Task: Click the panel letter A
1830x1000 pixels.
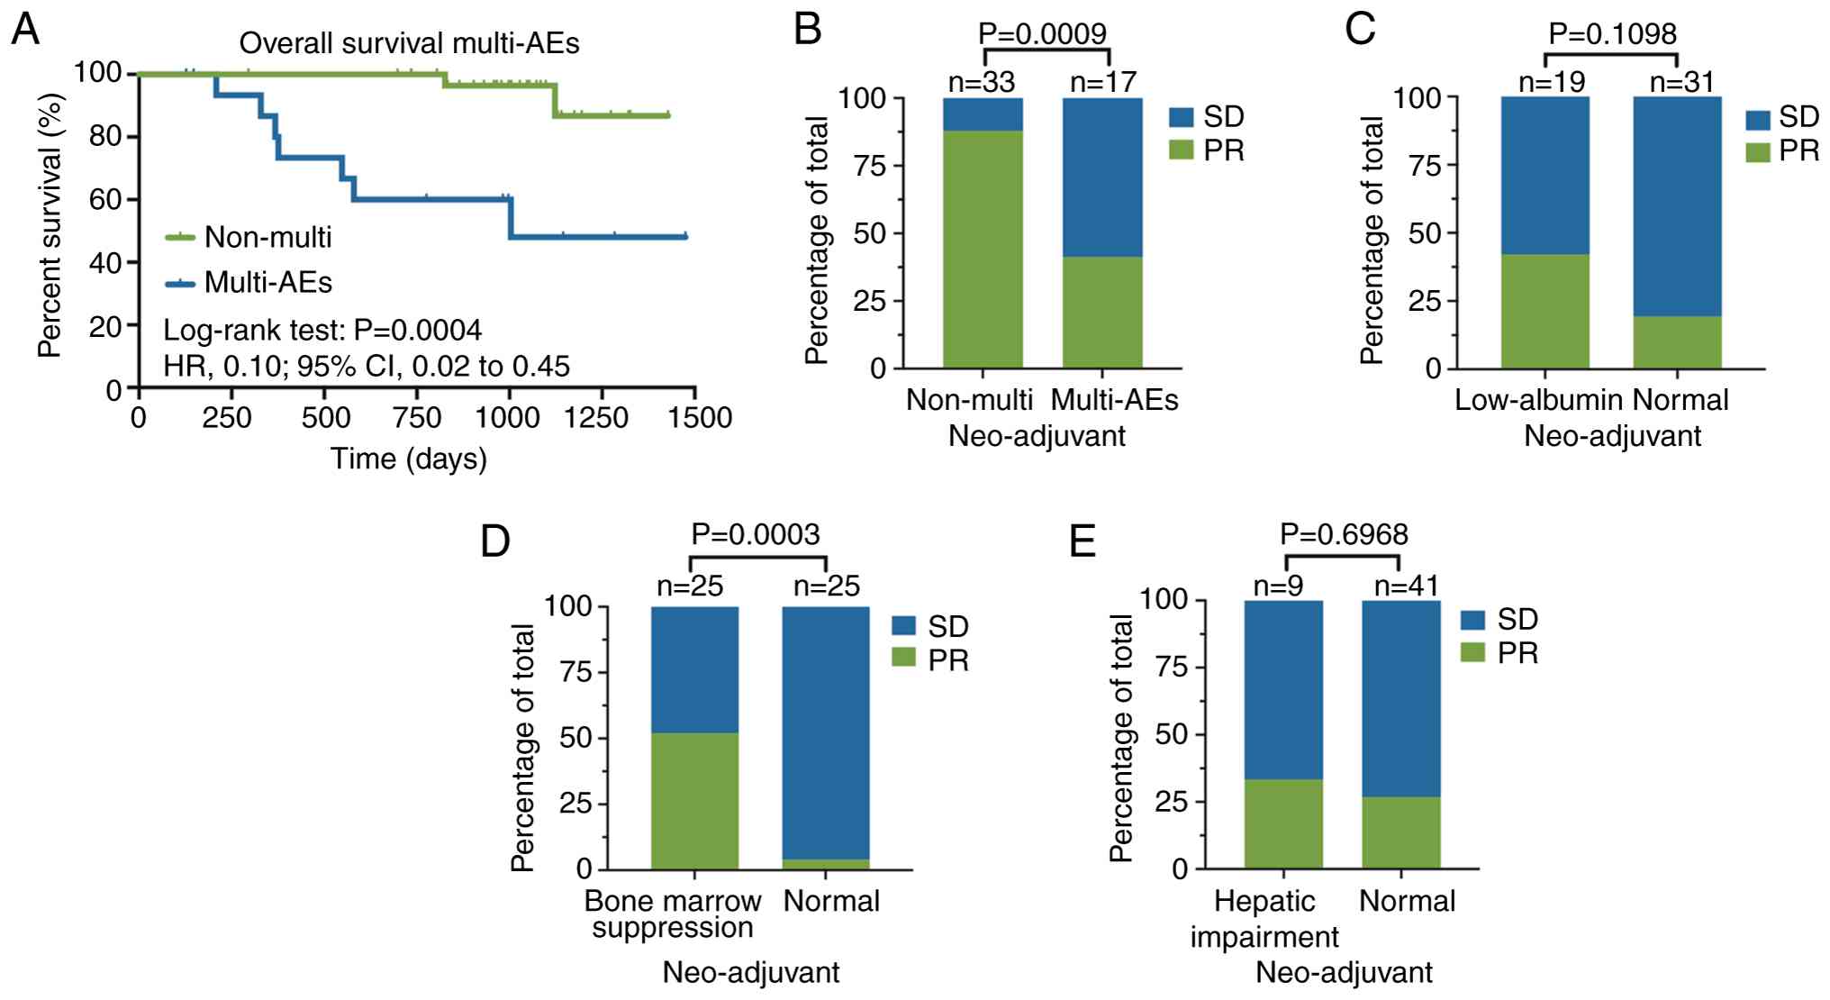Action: pyautogui.click(x=25, y=30)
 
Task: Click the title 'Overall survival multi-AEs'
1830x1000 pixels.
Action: pyautogui.click(x=409, y=43)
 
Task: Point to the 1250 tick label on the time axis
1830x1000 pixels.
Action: pyautogui.click(x=601, y=418)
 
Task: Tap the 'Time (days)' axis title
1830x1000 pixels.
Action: pyautogui.click(x=409, y=459)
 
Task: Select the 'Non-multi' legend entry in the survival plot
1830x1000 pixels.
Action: pyautogui.click(x=267, y=237)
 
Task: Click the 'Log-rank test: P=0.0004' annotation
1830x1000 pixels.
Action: pyautogui.click(x=322, y=331)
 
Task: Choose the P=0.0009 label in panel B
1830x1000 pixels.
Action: pyautogui.click(x=1042, y=33)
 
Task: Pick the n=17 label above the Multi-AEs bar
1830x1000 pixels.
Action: pyautogui.click(x=1103, y=82)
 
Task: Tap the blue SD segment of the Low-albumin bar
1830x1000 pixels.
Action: pyautogui.click(x=1545, y=176)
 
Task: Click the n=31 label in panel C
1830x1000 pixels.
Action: pyautogui.click(x=1681, y=82)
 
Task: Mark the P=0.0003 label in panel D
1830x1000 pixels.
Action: pyautogui.click(x=756, y=534)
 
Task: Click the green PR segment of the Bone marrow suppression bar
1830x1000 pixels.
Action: pyautogui.click(x=694, y=801)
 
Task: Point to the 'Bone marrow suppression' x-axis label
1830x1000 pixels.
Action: pyautogui.click(x=673, y=914)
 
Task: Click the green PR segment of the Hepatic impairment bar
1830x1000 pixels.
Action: pyautogui.click(x=1283, y=824)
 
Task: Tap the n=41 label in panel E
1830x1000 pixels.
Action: pyautogui.click(x=1407, y=586)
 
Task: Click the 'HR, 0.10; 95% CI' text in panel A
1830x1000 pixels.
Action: pyautogui.click(x=367, y=366)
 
